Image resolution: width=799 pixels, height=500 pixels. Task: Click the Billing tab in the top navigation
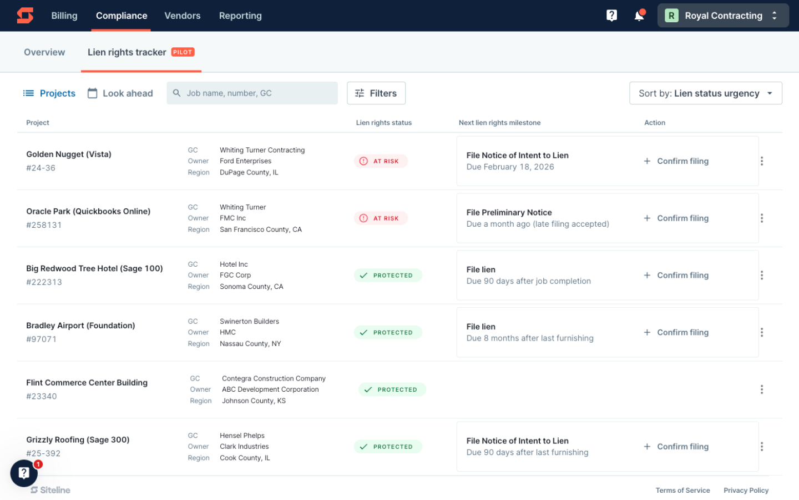(x=64, y=16)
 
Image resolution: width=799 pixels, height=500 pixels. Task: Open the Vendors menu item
(x=182, y=16)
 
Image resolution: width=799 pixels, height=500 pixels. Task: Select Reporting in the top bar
(x=240, y=16)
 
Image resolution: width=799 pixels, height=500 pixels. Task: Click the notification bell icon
(x=639, y=16)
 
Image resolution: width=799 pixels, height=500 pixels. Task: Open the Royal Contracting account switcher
(x=722, y=16)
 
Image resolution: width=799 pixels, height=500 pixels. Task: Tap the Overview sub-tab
(x=44, y=52)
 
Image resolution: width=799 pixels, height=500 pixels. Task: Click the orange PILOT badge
(x=183, y=52)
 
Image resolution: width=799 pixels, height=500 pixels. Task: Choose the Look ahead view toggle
(x=120, y=93)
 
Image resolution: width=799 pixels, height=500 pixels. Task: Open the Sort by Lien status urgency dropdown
(x=705, y=93)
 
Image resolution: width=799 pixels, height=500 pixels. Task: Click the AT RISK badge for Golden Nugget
(x=381, y=161)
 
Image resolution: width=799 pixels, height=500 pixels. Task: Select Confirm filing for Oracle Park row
(x=676, y=218)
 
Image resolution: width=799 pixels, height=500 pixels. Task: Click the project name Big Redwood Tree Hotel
(x=94, y=268)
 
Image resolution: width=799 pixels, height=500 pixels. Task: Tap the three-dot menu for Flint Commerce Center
(x=761, y=389)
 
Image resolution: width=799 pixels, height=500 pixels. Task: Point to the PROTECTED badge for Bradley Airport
(x=388, y=333)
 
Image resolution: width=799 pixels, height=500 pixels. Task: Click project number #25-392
(x=43, y=453)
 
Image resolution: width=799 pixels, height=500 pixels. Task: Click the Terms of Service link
(x=682, y=491)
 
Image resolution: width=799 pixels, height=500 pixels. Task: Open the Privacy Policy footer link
(x=746, y=491)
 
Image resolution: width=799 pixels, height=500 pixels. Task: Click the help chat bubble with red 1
(x=24, y=473)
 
